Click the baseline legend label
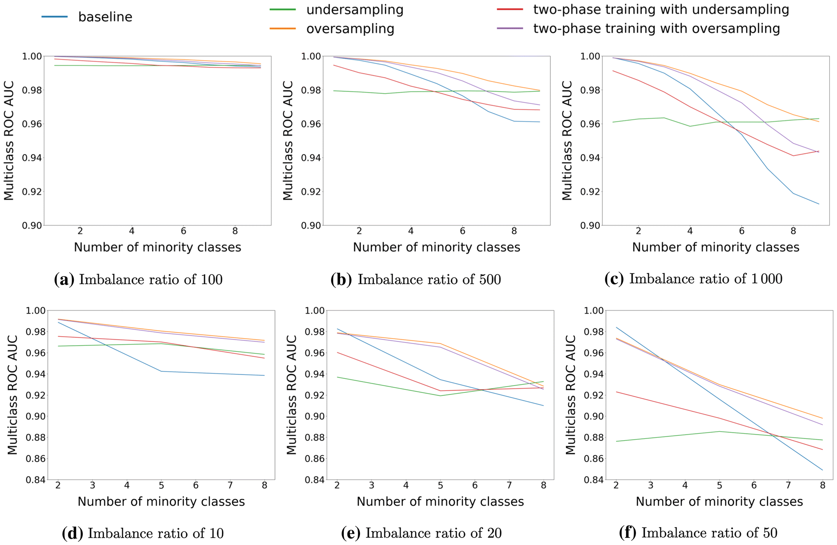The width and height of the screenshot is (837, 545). [105, 17]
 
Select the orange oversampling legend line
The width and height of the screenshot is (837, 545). [283, 29]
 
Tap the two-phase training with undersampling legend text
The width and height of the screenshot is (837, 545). [661, 10]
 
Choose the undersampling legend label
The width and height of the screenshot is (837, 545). [355, 10]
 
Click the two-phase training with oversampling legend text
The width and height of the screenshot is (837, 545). [656, 29]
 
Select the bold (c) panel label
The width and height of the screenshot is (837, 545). [614, 279]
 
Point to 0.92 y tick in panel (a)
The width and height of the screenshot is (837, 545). [32, 192]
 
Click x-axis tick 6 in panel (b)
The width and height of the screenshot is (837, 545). [462, 231]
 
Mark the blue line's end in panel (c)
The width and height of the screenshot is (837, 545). [819, 204]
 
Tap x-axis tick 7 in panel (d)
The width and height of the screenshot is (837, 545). [230, 486]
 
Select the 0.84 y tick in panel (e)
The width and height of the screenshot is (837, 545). [314, 480]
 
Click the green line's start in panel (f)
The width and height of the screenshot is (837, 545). [616, 441]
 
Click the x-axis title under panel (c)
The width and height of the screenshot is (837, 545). [715, 247]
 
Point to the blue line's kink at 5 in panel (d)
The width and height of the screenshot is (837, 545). [161, 371]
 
